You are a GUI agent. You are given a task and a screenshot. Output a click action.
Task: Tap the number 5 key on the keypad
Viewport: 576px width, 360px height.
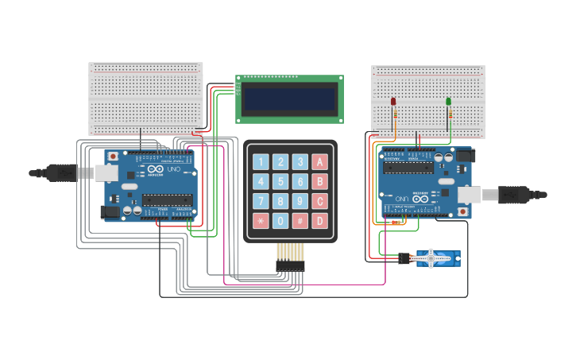pyautogui.click(x=280, y=181)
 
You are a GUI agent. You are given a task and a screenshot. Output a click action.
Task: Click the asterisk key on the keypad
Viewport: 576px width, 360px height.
pyautogui.click(x=260, y=220)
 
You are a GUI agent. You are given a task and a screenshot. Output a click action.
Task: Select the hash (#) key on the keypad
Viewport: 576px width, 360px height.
pyautogui.click(x=300, y=220)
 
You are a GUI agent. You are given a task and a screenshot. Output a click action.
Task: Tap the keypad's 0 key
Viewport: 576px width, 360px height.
pyautogui.click(x=280, y=220)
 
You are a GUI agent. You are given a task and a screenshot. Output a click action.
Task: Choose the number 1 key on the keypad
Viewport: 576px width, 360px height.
pyautogui.click(x=260, y=162)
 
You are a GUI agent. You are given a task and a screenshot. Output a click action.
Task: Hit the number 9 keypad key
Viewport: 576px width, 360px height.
pyautogui.click(x=300, y=201)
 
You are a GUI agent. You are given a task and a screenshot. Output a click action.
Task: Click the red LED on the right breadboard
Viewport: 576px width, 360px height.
pyautogui.click(x=393, y=102)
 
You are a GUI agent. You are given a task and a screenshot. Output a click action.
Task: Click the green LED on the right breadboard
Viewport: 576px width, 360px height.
pyautogui.click(x=449, y=102)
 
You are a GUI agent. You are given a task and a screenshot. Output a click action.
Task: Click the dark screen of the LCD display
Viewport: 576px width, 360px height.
pyautogui.click(x=290, y=99)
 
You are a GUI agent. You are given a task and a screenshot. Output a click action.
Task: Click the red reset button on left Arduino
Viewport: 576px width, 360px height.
pyautogui.click(x=114, y=156)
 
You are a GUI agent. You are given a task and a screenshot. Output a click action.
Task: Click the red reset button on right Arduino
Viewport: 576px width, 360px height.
pyautogui.click(x=463, y=212)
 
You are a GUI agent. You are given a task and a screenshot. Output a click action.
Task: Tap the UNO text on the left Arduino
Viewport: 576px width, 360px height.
pyautogui.click(x=172, y=169)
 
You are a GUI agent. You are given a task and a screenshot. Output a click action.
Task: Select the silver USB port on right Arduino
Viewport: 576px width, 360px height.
pyautogui.click(x=469, y=193)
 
